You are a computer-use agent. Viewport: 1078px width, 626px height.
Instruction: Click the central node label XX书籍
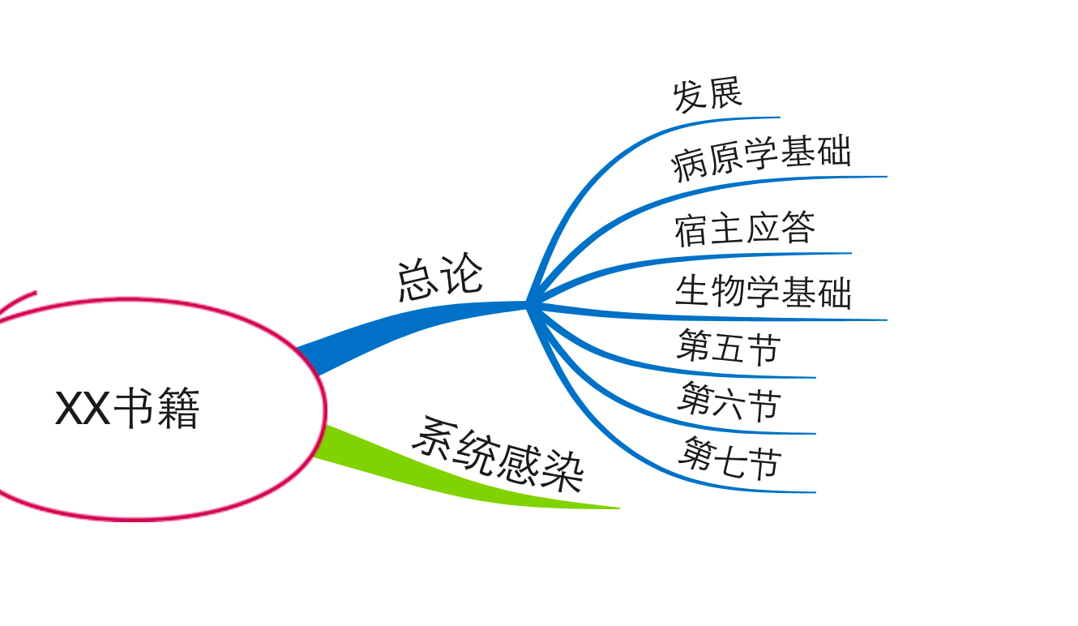click(x=127, y=408)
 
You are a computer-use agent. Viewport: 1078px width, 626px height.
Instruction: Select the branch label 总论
click(x=440, y=277)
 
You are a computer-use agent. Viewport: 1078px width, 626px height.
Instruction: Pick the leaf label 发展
click(x=707, y=94)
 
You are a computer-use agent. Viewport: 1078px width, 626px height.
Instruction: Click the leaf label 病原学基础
click(x=761, y=158)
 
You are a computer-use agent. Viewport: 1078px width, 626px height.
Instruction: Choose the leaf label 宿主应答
click(x=745, y=228)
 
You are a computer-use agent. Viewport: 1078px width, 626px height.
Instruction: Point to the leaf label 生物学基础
click(x=764, y=292)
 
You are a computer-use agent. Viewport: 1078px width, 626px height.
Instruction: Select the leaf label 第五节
click(x=729, y=347)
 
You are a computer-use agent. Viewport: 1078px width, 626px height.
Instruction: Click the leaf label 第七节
click(x=729, y=457)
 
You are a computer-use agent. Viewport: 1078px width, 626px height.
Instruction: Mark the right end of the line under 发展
click(x=780, y=117)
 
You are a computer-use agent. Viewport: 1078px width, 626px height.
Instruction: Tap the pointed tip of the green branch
click(x=620, y=508)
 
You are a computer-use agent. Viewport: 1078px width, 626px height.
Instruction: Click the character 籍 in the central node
click(x=178, y=408)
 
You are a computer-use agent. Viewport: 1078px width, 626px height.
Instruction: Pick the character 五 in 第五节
click(x=729, y=347)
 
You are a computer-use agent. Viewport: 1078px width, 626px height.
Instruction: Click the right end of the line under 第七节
click(x=815, y=492)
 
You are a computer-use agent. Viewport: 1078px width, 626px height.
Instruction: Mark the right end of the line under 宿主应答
click(x=851, y=253)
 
